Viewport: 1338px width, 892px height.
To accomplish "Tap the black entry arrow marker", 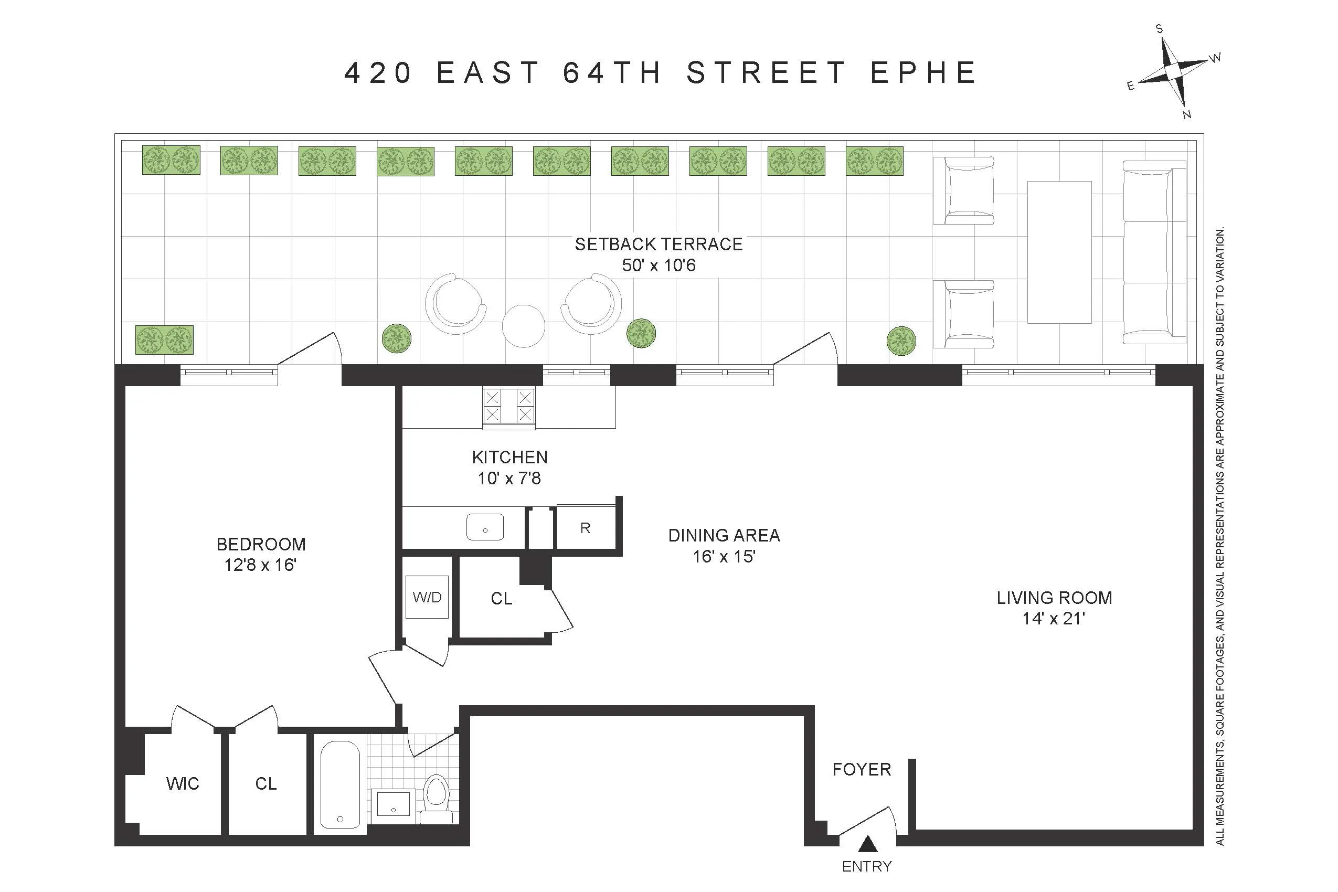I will (867, 844).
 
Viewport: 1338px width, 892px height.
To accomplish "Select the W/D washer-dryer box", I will (427, 597).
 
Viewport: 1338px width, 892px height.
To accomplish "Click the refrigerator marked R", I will (586, 527).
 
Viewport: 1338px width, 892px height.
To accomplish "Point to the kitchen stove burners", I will (508, 406).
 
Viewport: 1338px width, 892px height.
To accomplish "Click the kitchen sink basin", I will (485, 527).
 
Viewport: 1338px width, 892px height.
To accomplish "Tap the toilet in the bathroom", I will (437, 797).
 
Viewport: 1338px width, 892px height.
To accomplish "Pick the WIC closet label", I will (183, 783).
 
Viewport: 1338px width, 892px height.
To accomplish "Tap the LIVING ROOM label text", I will (1054, 597).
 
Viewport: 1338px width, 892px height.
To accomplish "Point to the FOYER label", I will (861, 769).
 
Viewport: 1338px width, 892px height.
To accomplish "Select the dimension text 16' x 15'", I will (724, 556).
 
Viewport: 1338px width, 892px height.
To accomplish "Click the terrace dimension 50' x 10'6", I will (658, 265).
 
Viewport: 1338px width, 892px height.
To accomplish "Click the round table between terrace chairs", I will (523, 326).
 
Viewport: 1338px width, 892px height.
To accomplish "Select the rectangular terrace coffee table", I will (1059, 252).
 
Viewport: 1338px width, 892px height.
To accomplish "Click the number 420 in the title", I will (378, 73).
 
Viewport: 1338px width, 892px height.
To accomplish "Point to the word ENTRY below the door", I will (867, 866).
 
